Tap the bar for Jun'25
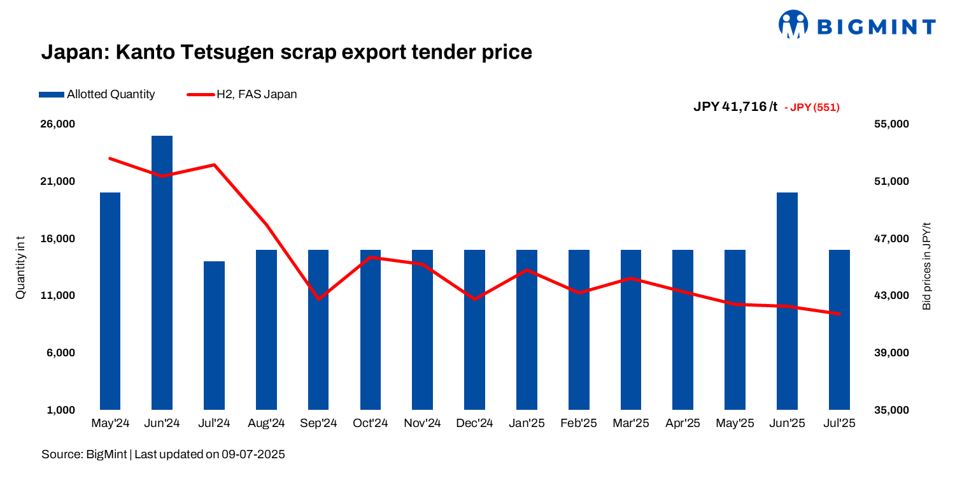(787, 300)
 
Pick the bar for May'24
(110, 300)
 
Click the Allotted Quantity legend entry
(97, 94)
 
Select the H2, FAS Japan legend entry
(242, 94)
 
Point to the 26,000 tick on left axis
(58, 124)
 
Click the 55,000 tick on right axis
(894, 124)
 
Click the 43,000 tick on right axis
(894, 296)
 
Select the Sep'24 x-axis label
(318, 424)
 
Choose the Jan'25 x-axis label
(527, 424)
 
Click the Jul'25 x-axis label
(839, 424)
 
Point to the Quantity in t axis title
(20, 267)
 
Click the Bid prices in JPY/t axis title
(926, 266)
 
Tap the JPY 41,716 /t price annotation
(735, 107)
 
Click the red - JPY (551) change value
(812, 108)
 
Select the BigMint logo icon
(793, 24)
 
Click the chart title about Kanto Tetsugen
(286, 52)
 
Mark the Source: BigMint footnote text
(163, 454)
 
